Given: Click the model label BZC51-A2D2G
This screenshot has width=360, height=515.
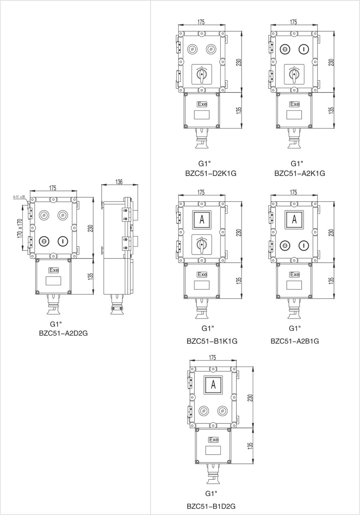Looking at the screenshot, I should click(63, 333).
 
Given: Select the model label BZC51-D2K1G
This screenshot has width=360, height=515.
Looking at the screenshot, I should click(206, 173).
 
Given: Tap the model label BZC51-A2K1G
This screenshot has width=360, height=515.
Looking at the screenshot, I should click(300, 173).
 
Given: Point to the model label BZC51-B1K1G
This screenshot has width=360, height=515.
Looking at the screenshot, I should click(212, 341).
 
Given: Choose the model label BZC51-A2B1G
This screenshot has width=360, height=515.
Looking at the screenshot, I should click(295, 341).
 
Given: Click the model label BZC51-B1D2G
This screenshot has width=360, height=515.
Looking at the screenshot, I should click(211, 506).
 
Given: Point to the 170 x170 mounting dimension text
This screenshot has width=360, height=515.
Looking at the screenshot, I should click(20, 228).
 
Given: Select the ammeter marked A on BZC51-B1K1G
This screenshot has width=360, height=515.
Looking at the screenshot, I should click(202, 219).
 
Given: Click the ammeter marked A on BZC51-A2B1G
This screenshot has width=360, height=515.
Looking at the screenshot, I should click(294, 219).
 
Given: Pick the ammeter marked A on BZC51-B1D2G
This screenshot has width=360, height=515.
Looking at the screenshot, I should click(213, 385).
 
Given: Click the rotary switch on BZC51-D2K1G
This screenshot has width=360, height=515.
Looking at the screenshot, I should click(202, 74).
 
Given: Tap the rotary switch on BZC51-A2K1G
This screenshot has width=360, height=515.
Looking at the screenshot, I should click(294, 74).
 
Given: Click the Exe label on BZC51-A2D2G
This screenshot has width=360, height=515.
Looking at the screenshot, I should click(53, 270).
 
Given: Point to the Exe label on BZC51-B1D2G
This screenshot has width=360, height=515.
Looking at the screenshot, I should click(214, 440).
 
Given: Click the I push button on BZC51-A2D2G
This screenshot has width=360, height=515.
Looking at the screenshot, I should click(62, 241).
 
